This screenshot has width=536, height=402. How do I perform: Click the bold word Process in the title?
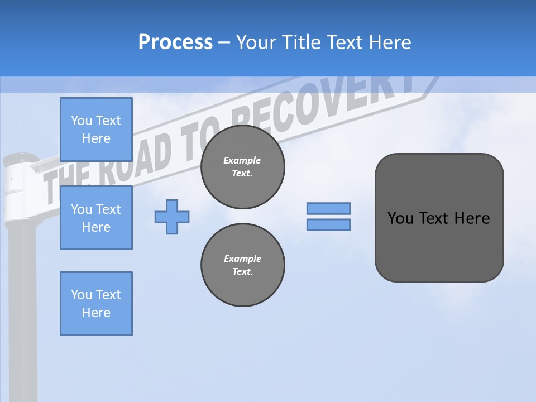(175, 42)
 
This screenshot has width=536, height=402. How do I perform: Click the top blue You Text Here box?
(96, 130)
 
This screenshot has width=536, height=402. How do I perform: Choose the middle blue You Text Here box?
(96, 218)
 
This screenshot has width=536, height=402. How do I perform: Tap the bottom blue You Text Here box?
(96, 304)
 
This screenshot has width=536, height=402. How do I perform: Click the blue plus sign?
(172, 217)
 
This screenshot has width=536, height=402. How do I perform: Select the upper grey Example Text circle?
(243, 167)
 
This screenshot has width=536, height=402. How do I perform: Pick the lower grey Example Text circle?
(243, 265)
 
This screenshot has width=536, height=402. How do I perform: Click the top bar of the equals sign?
(328, 208)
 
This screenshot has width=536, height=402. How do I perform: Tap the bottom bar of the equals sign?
(328, 225)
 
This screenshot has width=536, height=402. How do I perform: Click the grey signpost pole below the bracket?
(22, 307)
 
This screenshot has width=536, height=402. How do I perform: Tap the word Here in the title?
(391, 42)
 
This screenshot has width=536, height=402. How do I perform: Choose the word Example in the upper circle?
(242, 160)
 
